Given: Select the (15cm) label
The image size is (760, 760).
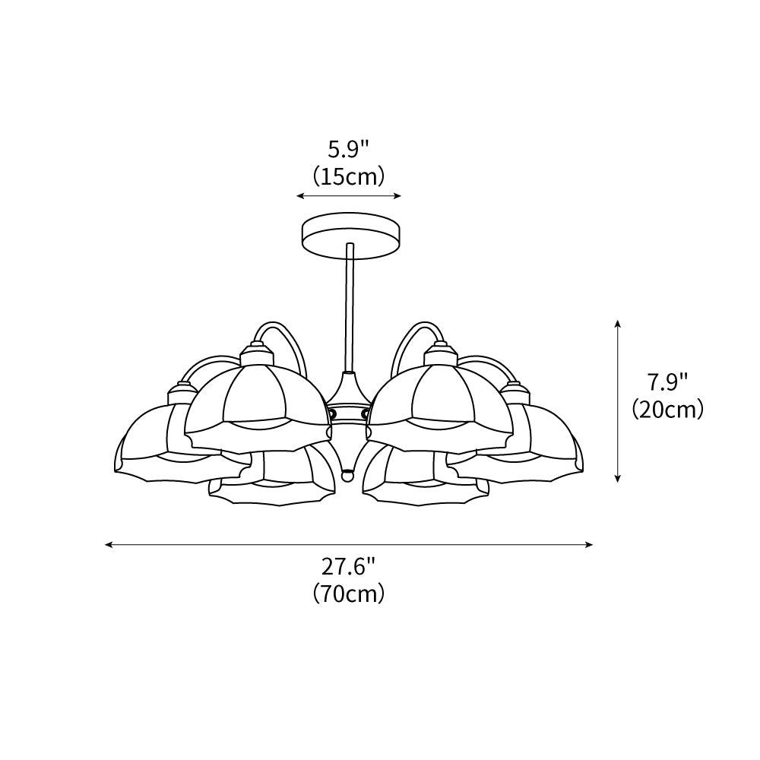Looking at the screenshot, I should pos(349,176).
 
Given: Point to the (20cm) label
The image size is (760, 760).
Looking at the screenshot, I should pos(667,410).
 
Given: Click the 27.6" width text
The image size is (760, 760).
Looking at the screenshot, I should pos(349,567).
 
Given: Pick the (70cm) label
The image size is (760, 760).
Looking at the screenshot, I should pos(349,594).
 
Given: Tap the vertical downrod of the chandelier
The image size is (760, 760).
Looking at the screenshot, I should pos(350,304).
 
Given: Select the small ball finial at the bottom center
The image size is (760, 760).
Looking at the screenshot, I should pos(348,475).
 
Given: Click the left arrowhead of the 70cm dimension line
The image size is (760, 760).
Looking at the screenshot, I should pos(109,545).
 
